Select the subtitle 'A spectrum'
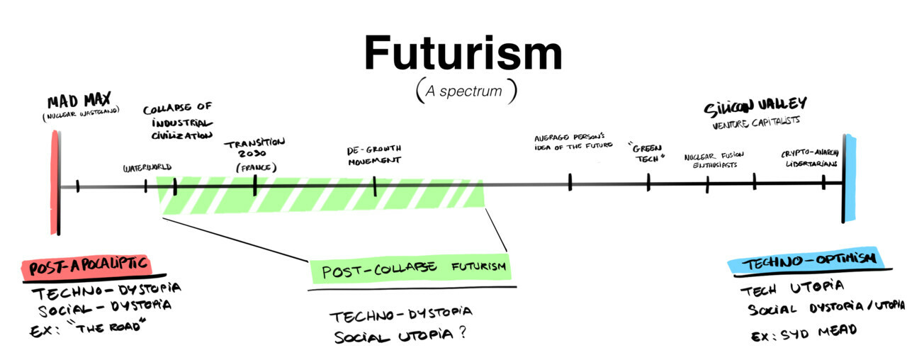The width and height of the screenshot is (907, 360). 466,91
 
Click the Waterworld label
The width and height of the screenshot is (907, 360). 147,168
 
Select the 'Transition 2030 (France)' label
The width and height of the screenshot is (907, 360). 254,154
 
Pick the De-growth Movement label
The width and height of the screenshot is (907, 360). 373,154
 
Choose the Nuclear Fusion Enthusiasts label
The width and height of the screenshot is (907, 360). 711,161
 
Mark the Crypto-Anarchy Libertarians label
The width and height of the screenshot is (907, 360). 810,158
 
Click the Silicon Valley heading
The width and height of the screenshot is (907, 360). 755,107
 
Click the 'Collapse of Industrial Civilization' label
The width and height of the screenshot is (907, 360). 177,122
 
